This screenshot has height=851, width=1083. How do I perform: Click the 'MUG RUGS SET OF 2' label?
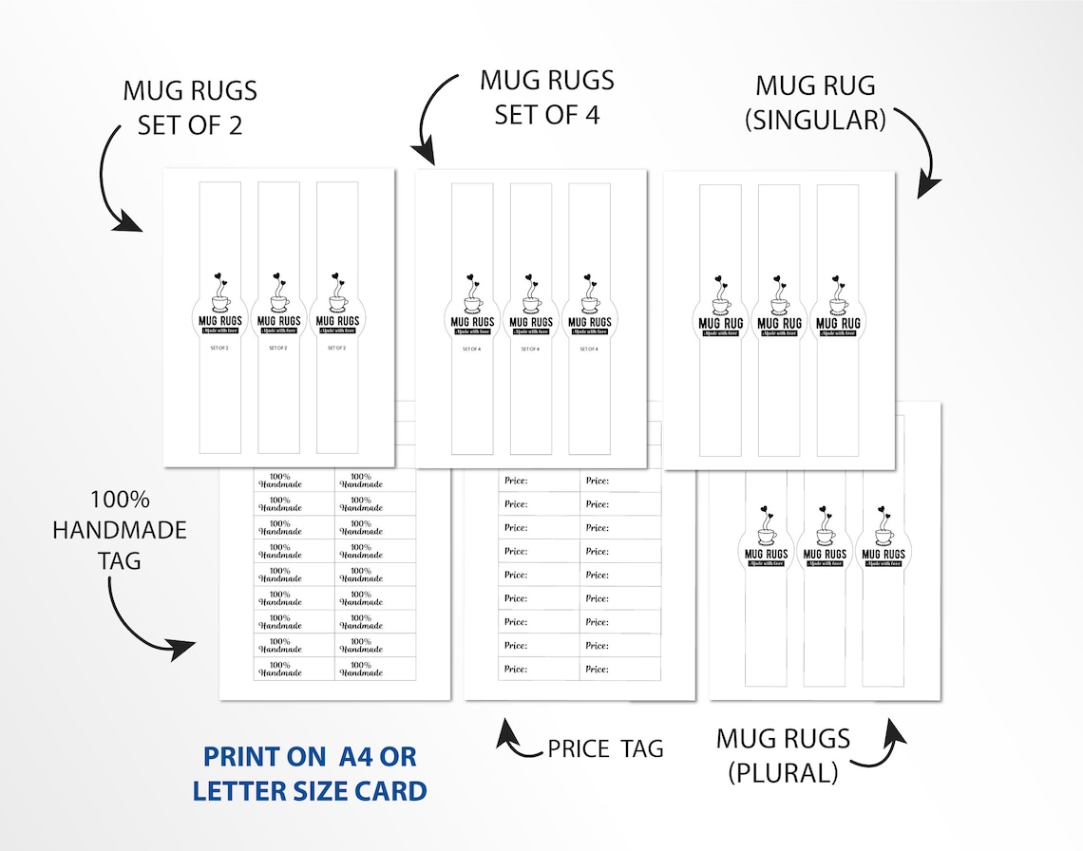190,107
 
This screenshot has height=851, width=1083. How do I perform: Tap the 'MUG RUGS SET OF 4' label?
547,98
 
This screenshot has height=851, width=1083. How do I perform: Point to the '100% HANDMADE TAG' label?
120,530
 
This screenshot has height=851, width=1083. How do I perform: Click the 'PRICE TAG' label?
605,748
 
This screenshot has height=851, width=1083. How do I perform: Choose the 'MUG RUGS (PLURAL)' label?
784,755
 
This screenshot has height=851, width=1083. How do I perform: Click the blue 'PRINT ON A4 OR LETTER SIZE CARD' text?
310,773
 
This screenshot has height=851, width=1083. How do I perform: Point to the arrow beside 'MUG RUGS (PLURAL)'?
879,746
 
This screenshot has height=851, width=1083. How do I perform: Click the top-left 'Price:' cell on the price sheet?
538,482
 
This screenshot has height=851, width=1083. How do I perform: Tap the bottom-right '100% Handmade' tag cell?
374,669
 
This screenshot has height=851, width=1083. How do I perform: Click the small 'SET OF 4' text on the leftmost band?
472,349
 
